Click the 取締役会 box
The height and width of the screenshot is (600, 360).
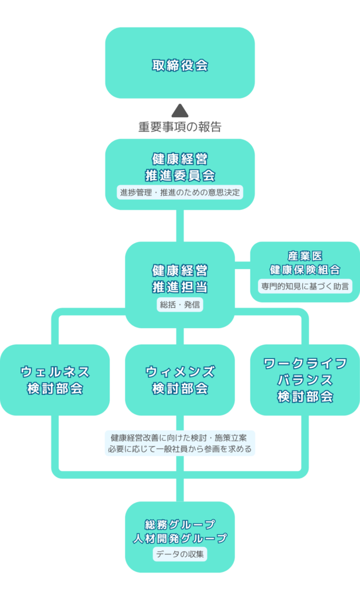pos(179,63)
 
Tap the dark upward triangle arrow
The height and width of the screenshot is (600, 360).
pos(179,110)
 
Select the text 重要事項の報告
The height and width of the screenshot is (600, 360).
pos(179,127)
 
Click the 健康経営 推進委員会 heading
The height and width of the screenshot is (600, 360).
pos(179,166)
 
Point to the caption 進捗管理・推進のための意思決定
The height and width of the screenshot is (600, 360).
pos(179,192)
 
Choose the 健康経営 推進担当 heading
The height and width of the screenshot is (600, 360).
pos(179,279)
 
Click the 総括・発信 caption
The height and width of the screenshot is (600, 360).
pos(179,305)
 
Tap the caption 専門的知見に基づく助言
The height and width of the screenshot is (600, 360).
pos(305,287)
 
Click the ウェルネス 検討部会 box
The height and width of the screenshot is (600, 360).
pos(55,380)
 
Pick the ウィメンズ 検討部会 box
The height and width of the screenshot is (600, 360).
pos(179,380)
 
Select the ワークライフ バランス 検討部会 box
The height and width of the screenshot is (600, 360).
pos(305,380)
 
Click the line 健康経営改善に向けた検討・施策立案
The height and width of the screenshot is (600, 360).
pos(179,438)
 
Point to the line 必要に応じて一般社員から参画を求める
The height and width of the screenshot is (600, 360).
pos(179,449)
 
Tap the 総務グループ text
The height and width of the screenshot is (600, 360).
pos(179,524)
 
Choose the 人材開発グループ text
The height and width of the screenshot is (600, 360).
pos(179,537)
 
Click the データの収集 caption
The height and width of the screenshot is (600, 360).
pos(179,554)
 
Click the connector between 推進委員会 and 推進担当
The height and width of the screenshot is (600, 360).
pos(179,226)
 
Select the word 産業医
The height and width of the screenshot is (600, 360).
pos(305,256)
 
